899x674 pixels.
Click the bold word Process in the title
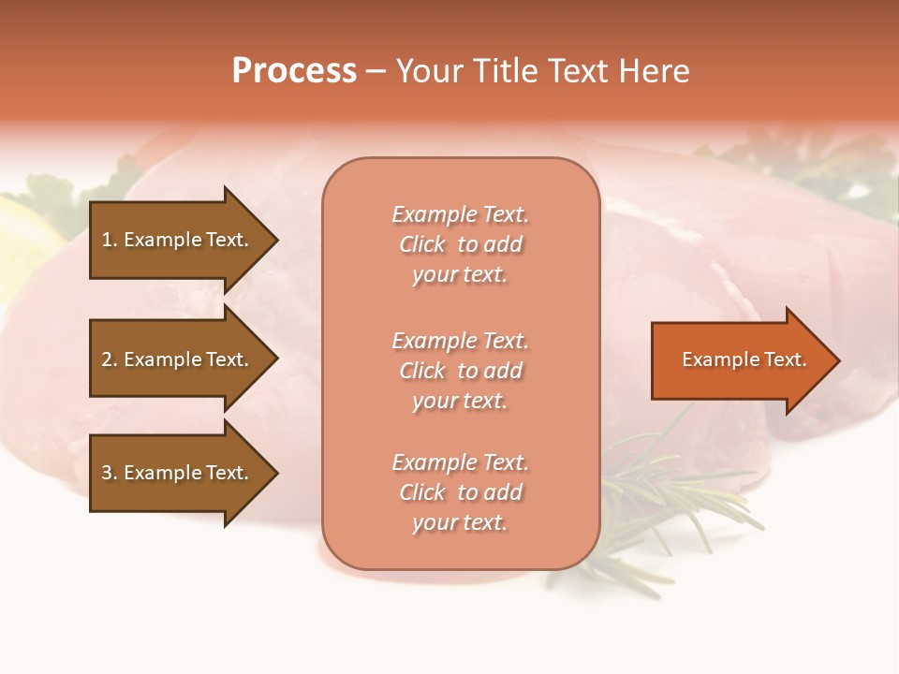[294, 70]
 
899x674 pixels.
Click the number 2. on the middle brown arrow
[110, 359]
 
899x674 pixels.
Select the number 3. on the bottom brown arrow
[110, 473]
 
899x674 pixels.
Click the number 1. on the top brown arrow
[110, 240]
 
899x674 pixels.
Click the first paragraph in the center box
[460, 244]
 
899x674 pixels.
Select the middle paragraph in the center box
[460, 371]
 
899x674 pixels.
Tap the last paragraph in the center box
[460, 492]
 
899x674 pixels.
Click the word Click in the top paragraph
[422, 244]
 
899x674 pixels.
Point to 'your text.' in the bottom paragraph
[460, 522]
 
